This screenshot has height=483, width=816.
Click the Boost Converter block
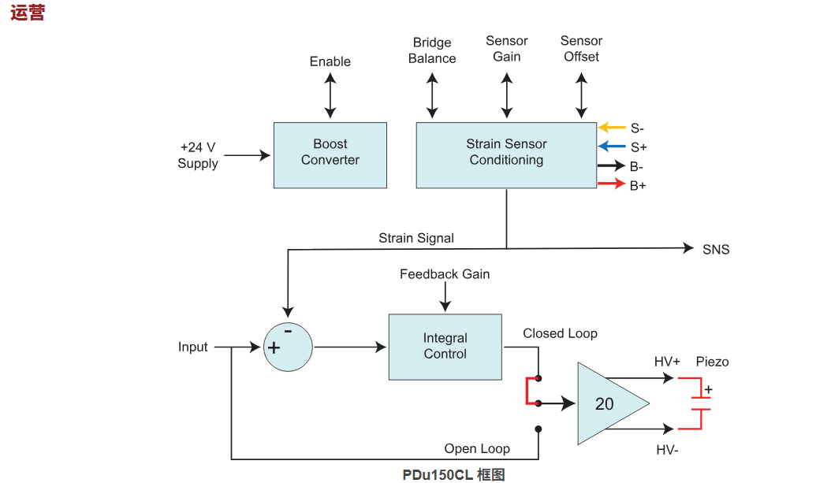coord(330,154)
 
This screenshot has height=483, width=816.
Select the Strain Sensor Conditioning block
coord(506,154)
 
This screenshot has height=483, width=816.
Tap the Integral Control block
coord(445,347)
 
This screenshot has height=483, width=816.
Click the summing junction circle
coord(287,347)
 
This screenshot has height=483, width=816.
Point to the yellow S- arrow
coord(612,128)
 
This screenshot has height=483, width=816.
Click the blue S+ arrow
coord(612,147)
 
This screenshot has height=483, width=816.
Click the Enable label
coord(330,61)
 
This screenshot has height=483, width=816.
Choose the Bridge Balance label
coord(432,50)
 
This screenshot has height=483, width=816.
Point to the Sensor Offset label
coord(581,49)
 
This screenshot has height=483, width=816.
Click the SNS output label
coord(716,250)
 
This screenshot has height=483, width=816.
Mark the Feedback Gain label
coord(445,274)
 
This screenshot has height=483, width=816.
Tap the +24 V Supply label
coord(197,155)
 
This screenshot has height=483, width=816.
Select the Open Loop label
coord(477,449)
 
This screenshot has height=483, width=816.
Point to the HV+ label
coord(667,362)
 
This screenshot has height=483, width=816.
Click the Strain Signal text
coord(416,238)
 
